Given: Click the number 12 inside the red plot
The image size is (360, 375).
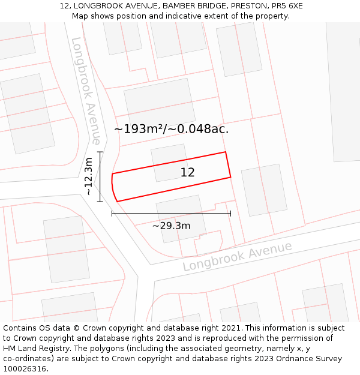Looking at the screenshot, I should [187, 173].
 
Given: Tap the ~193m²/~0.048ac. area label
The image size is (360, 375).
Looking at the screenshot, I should [171, 128].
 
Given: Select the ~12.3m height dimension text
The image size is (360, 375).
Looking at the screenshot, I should [89, 176].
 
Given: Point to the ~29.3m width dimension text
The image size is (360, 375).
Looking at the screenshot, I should [171, 226].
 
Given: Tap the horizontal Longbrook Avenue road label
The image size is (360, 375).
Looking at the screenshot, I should [237, 256].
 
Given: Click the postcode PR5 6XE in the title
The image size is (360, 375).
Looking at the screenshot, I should [287, 6].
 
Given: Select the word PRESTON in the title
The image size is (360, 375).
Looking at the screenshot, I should [247, 6].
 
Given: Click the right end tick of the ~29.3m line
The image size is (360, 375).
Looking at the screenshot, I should [230, 213].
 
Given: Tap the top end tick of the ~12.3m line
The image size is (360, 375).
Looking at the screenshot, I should [100, 152].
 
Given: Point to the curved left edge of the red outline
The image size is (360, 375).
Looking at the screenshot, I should [113, 188].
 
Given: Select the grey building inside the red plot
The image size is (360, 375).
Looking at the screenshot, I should [170, 162].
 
